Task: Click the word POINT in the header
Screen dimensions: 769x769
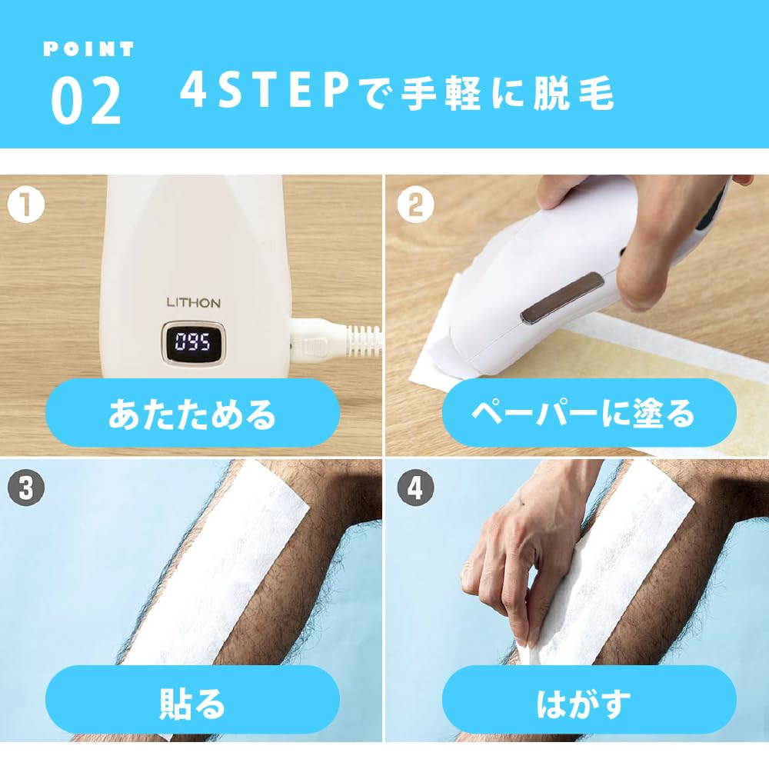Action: pos(88,48)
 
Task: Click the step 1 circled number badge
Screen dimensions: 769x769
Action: pos(26,206)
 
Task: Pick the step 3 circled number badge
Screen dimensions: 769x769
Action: pos(26,489)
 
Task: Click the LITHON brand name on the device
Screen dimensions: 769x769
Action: pos(193,302)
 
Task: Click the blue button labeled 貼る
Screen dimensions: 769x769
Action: pos(192,704)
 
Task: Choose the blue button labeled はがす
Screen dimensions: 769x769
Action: pos(582,704)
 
